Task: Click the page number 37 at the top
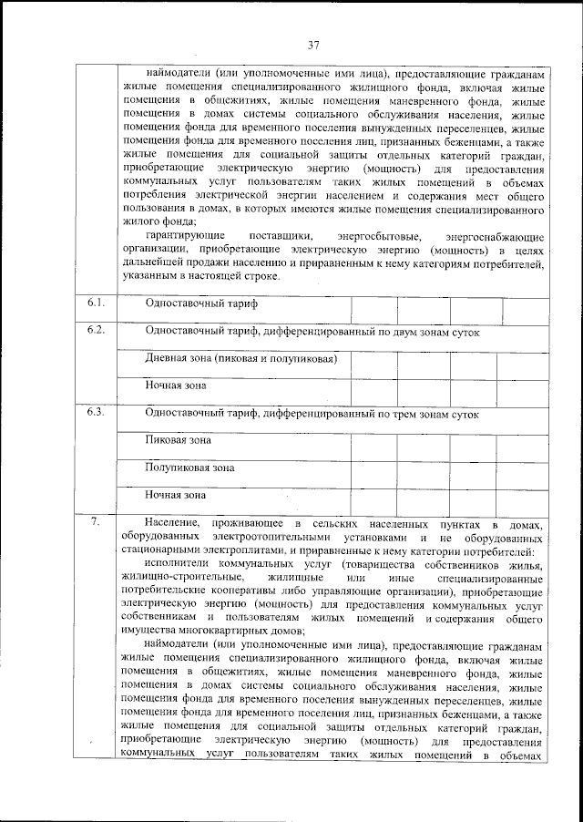click(312, 45)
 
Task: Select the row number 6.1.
click(96, 302)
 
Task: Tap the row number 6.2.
click(96, 330)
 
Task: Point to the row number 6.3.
click(96, 412)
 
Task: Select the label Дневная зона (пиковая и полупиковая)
click(241, 358)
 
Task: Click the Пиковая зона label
click(179, 440)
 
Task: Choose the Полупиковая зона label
click(189, 468)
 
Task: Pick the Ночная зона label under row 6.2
click(176, 385)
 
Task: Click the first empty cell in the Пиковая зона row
click(374, 447)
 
